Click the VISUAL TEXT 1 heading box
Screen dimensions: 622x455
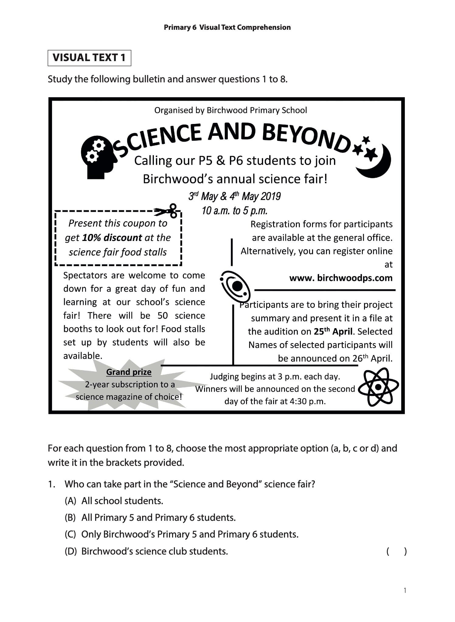tap(89, 58)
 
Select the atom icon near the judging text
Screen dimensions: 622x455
tap(378, 387)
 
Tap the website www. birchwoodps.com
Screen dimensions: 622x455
tap(341, 278)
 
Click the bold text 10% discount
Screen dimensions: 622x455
tap(112, 238)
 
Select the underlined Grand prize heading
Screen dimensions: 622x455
tap(129, 372)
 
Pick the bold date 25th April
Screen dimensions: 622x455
tap(333, 332)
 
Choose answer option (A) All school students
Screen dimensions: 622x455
tap(114, 501)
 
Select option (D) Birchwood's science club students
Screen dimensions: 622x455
tap(146, 551)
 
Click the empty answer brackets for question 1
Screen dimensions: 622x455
tap(396, 551)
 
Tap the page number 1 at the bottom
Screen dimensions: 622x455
tap(405, 590)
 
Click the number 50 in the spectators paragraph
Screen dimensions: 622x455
tap(163, 315)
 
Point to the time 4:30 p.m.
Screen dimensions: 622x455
tap(307, 401)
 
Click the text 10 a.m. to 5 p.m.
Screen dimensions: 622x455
tap(234, 211)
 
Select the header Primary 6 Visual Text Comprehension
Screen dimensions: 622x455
tap(227, 27)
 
